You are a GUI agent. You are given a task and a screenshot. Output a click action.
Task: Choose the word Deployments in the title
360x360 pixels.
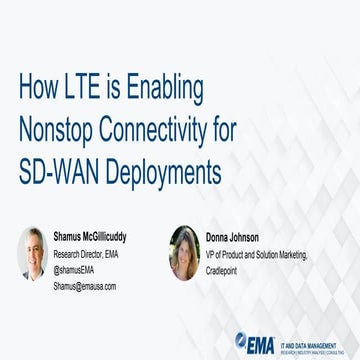[160, 170]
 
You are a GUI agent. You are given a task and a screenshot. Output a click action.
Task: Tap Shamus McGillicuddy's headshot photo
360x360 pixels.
[32, 254]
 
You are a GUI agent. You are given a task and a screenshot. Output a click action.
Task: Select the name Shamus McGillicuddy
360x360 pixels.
[97, 236]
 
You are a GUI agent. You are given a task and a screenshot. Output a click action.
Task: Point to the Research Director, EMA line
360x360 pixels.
[86, 253]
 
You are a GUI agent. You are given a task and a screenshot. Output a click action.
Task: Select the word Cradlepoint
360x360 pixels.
[228, 270]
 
